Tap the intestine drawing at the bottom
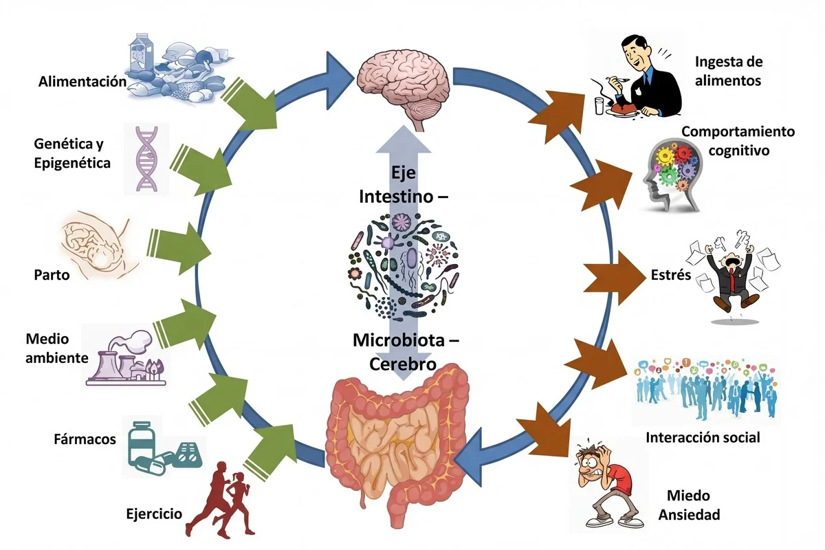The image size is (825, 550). [399, 440]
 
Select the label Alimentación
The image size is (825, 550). [82, 82]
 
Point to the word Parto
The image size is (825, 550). [52, 275]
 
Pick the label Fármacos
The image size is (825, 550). [85, 439]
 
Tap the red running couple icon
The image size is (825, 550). [223, 498]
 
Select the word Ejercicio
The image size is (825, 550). [154, 514]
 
